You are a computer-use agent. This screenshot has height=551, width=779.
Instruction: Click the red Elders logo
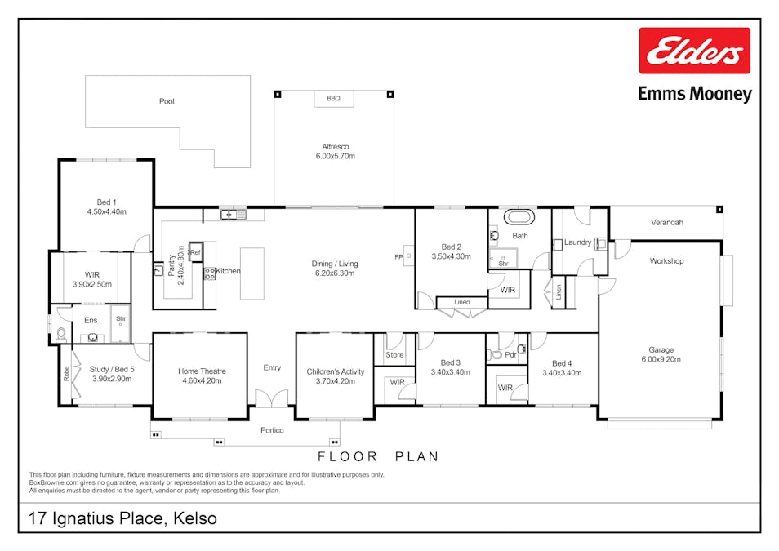694,51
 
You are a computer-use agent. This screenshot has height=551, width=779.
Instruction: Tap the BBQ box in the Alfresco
333,99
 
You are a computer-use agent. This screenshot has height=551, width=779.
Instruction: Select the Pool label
167,102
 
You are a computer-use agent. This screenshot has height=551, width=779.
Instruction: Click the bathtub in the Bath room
519,218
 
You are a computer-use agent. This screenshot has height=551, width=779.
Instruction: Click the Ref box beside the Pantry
195,253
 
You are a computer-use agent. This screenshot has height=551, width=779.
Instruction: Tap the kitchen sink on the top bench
233,215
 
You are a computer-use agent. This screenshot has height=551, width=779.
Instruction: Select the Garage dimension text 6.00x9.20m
661,359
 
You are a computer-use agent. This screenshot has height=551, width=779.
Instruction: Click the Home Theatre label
202,371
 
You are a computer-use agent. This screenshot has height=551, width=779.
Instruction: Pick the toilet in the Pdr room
496,355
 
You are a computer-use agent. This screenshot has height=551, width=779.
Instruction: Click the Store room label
394,355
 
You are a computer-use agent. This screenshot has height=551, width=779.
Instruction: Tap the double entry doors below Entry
272,399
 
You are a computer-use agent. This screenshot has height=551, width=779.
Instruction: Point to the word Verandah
666,222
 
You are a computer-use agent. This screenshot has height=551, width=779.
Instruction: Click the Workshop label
666,261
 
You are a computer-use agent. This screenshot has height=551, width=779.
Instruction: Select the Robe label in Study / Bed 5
66,374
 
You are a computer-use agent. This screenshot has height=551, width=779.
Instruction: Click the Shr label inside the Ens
121,319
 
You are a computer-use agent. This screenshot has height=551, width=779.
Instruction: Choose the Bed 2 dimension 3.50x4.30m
452,257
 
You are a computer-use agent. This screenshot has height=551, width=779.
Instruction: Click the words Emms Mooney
694,94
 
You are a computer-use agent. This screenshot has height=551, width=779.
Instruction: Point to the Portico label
272,430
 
